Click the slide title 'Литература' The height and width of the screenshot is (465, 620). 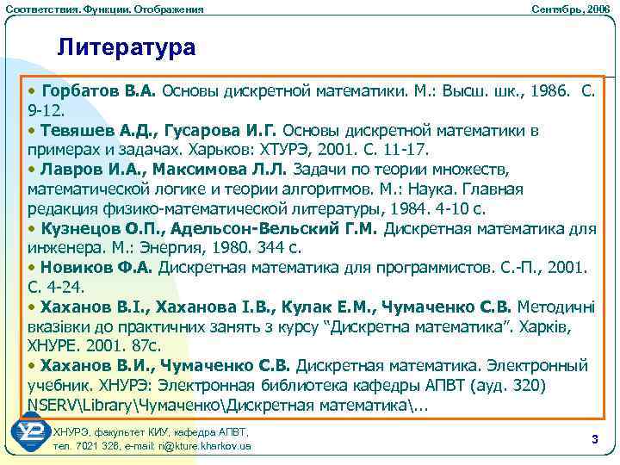pyautogui.click(x=127, y=47)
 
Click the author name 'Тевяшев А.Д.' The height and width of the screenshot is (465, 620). pyautogui.click(x=92, y=130)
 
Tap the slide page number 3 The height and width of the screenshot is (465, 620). pyautogui.click(x=594, y=440)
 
